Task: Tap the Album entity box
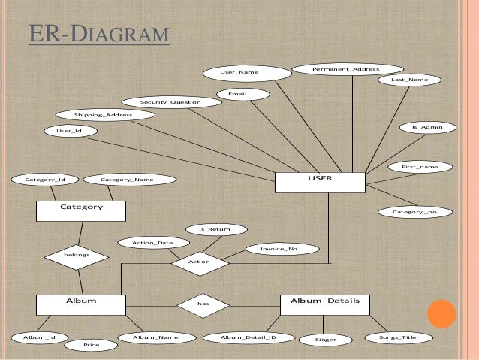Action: point(81,304)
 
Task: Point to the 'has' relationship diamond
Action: point(202,304)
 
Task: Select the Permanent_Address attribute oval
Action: point(345,70)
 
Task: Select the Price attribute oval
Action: point(92,345)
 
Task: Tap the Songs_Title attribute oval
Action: point(398,337)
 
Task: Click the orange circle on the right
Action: point(443,314)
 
